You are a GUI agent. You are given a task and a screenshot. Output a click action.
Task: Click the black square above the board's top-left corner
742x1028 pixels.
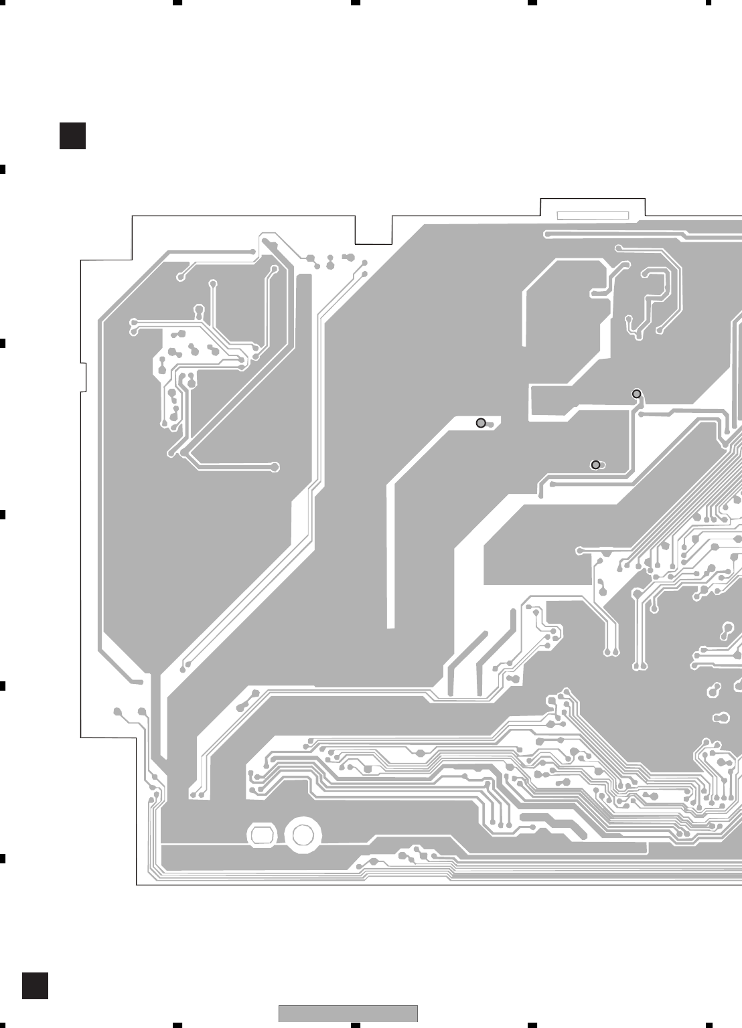point(72,135)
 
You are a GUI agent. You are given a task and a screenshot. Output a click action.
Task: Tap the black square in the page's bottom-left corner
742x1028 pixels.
point(35,986)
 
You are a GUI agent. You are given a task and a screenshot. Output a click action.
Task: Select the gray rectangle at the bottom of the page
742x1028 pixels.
point(348,1013)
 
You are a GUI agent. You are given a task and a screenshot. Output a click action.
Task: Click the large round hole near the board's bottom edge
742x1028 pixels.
point(303,834)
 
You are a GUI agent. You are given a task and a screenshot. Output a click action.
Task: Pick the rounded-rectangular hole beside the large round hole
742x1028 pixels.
point(261,834)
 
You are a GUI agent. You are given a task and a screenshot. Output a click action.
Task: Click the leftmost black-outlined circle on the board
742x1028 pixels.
point(480,423)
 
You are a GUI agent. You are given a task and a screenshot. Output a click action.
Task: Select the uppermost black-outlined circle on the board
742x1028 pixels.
point(637,394)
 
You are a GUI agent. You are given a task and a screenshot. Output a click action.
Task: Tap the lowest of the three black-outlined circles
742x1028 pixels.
point(595,464)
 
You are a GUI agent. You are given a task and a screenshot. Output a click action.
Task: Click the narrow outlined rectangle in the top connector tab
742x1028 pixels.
point(593,216)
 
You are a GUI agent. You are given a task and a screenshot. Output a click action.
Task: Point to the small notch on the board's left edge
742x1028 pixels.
point(84,377)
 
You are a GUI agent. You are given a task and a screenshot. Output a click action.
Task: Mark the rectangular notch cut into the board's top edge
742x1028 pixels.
point(374,231)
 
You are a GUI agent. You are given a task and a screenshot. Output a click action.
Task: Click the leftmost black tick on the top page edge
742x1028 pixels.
point(178,3)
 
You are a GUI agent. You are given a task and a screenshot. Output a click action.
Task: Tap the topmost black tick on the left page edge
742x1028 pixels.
point(3,169)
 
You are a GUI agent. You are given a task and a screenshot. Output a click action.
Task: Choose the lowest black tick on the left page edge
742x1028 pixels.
point(3,857)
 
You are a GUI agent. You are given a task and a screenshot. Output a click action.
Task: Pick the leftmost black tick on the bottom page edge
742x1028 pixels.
point(178,1025)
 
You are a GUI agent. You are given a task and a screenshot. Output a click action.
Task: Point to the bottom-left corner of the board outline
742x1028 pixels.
point(137,885)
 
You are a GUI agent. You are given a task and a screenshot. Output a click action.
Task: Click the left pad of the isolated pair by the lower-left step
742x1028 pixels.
point(118,711)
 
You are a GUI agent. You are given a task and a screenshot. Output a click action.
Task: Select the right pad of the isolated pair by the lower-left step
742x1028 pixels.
point(141,711)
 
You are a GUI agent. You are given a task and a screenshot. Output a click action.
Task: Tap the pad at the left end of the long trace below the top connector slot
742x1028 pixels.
point(548,234)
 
